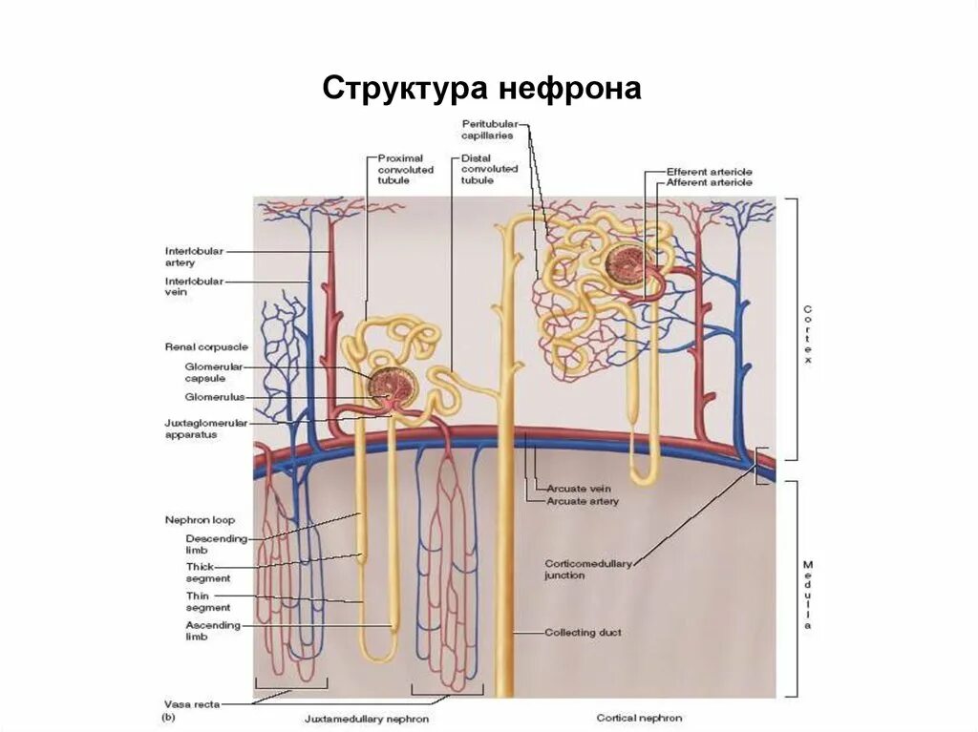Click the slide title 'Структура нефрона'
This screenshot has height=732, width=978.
tap(481, 89)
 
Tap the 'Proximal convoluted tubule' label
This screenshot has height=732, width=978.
tap(405, 169)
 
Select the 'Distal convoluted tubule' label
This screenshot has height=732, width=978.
tap(489, 169)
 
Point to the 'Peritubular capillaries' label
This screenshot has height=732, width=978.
tap(489, 130)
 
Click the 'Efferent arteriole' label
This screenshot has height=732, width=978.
tap(709, 172)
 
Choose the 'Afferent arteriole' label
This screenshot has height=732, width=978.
tap(709, 182)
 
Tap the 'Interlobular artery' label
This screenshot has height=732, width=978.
tap(194, 257)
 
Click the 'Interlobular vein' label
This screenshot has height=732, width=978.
tap(194, 286)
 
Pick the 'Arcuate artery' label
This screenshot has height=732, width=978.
tap(583, 500)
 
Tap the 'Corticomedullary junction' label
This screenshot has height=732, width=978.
tap(588, 569)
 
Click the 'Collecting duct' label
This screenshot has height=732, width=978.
tap(584, 632)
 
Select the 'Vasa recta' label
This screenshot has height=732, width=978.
tap(192, 704)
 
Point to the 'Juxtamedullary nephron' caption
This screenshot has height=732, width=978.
tap(367, 719)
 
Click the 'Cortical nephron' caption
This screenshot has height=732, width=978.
tap(639, 718)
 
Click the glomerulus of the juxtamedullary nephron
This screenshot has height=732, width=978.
tap(392, 387)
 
